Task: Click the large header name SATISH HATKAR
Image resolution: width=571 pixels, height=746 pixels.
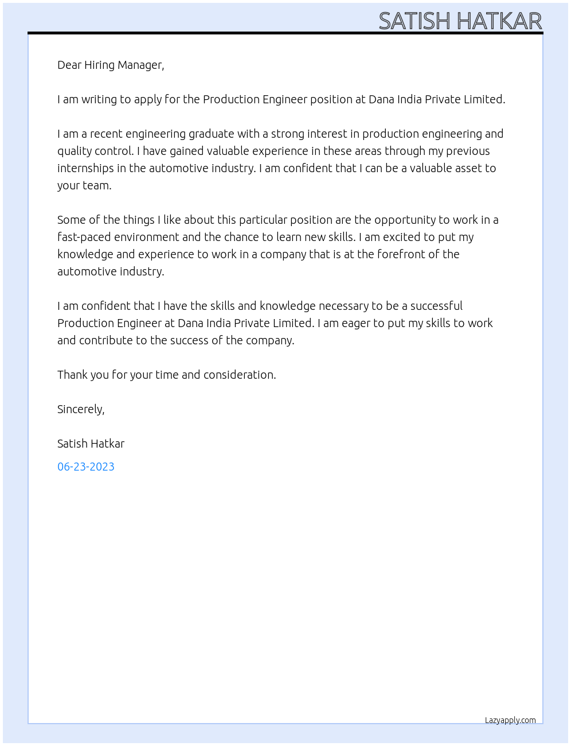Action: pyautogui.click(x=460, y=21)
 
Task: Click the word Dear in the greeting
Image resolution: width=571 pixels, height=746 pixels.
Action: pyautogui.click(x=69, y=65)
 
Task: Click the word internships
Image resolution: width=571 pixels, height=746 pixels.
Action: pyautogui.click(x=85, y=168)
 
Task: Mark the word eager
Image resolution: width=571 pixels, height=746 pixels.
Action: pyautogui.click(x=355, y=324)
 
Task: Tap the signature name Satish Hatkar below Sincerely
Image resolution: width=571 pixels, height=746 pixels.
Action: pyautogui.click(x=91, y=444)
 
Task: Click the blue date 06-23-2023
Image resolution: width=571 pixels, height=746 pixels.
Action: pyautogui.click(x=86, y=467)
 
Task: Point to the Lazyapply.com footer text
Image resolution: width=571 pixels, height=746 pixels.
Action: pyautogui.click(x=510, y=721)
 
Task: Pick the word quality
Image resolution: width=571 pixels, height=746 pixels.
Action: pyautogui.click(x=74, y=151)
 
